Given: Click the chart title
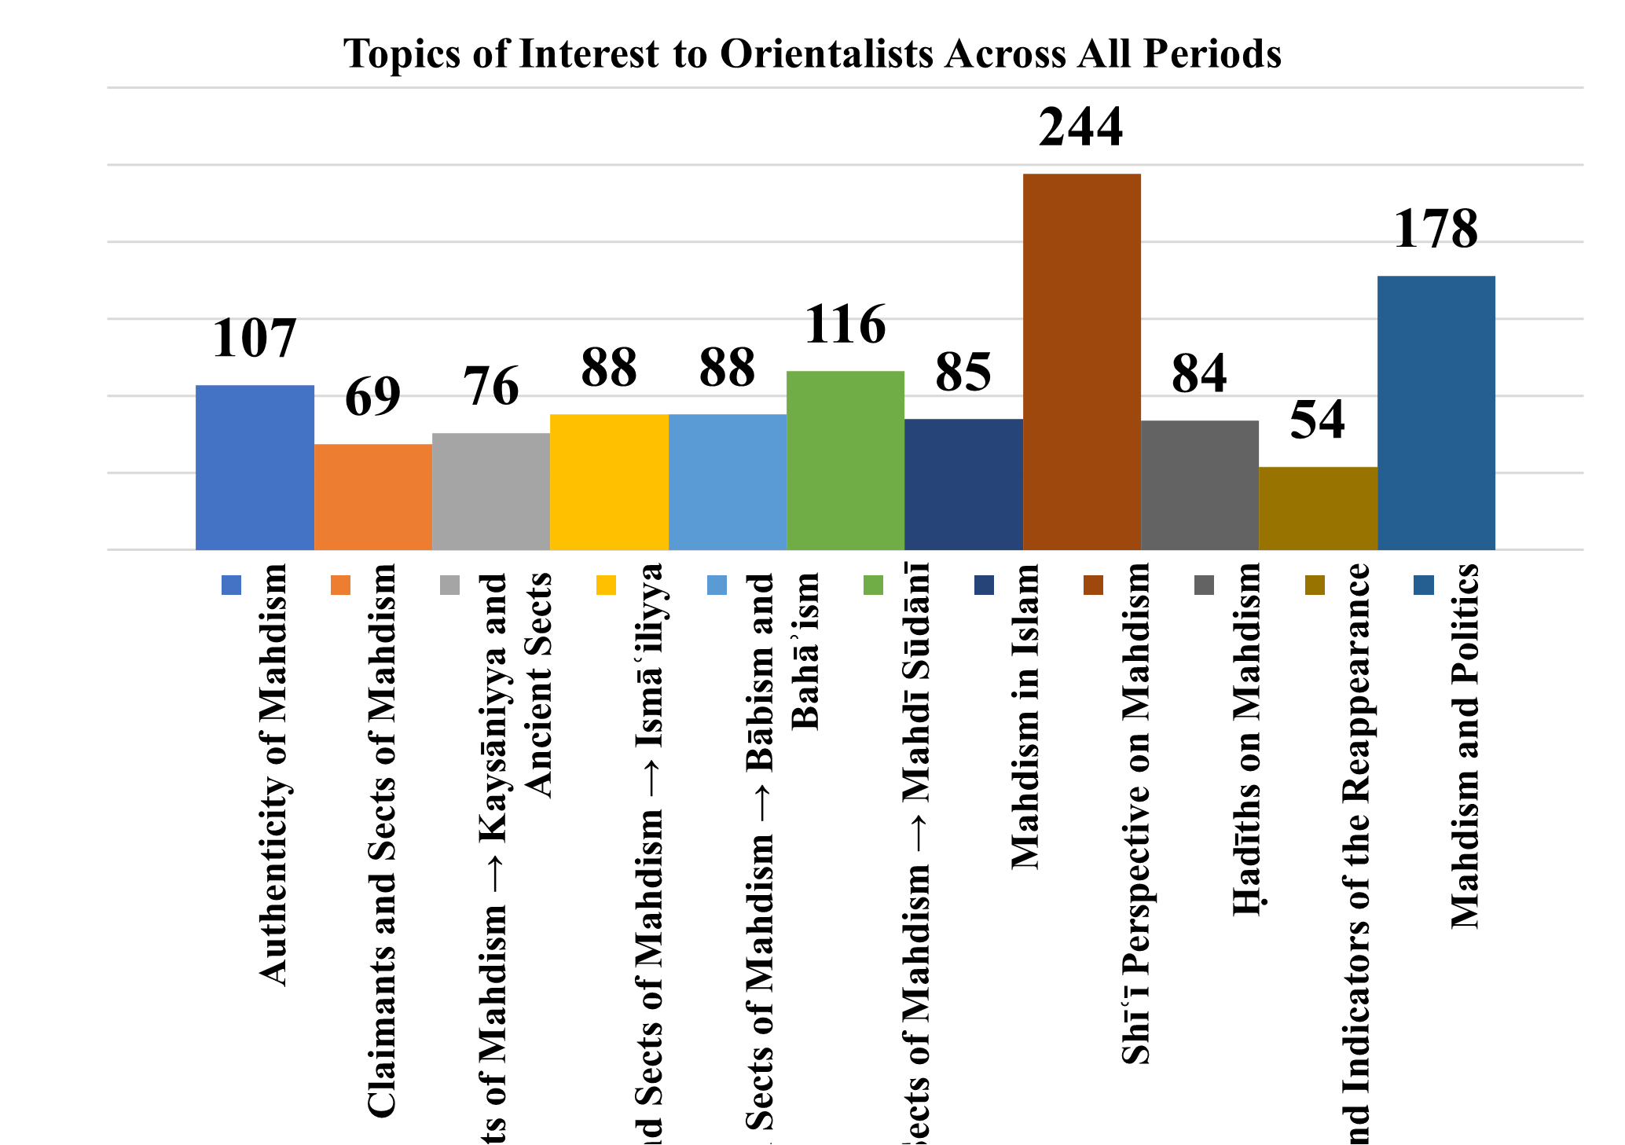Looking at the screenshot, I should pyautogui.click(x=812, y=54).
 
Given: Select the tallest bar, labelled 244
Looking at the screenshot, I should pyautogui.click(x=1081, y=361).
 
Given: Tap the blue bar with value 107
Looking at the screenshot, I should pyautogui.click(x=255, y=468).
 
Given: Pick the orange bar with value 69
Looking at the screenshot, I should pyautogui.click(x=372, y=497).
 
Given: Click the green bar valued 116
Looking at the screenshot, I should pyautogui.click(x=845, y=461).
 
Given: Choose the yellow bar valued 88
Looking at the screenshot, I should pyautogui.click(x=609, y=482).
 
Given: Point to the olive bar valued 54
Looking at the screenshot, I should pyautogui.click(x=1318, y=508).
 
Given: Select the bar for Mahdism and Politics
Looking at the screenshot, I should pyautogui.click(x=1436, y=413).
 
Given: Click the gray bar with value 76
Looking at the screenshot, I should pyautogui.click(x=491, y=491).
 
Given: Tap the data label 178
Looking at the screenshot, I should pyautogui.click(x=1436, y=229).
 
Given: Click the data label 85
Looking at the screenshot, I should pyautogui.click(x=963, y=372).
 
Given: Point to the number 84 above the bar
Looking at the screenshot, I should pyautogui.click(x=1199, y=374).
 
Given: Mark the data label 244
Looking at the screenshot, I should pyautogui.click(x=1081, y=127).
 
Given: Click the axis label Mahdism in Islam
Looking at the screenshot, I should pyautogui.click(x=1025, y=717).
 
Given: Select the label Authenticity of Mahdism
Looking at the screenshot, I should pyautogui.click(x=273, y=775).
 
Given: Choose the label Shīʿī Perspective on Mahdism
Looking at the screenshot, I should pyautogui.click(x=1136, y=814).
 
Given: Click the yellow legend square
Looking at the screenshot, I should pyautogui.click(x=606, y=585).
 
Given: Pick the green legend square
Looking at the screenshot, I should pyautogui.click(x=873, y=585).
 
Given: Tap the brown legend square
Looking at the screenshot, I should pyautogui.click(x=1093, y=585).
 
